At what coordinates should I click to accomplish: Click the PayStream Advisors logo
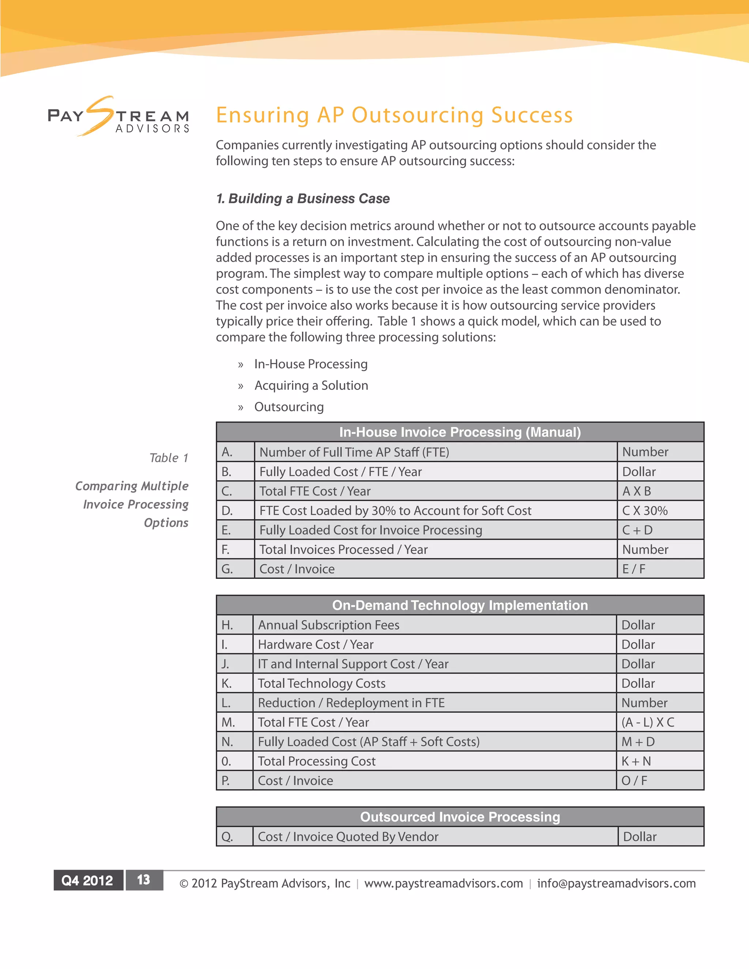[118, 116]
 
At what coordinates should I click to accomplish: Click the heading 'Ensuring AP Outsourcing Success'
[394, 115]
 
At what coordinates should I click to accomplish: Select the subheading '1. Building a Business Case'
[302, 199]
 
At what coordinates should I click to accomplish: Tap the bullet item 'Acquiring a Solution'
[311, 385]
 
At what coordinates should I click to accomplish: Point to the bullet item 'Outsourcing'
[289, 407]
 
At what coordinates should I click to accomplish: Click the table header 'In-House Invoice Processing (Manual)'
[460, 432]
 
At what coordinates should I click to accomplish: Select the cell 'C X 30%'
[644, 511]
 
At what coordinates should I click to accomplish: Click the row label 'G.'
[227, 569]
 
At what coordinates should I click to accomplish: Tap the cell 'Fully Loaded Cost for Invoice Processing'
[370, 530]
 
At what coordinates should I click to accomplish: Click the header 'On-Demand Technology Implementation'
[460, 605]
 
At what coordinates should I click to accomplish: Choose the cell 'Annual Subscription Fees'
[328, 625]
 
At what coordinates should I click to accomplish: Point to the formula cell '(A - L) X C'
[647, 722]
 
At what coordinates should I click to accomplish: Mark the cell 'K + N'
[636, 761]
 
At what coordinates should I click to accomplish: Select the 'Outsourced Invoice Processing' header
[460, 817]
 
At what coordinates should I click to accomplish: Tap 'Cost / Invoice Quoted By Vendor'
[348, 837]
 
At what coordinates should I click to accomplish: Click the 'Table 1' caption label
[169, 458]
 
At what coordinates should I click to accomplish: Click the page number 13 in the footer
[144, 880]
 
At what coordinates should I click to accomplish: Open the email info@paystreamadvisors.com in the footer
[616, 883]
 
